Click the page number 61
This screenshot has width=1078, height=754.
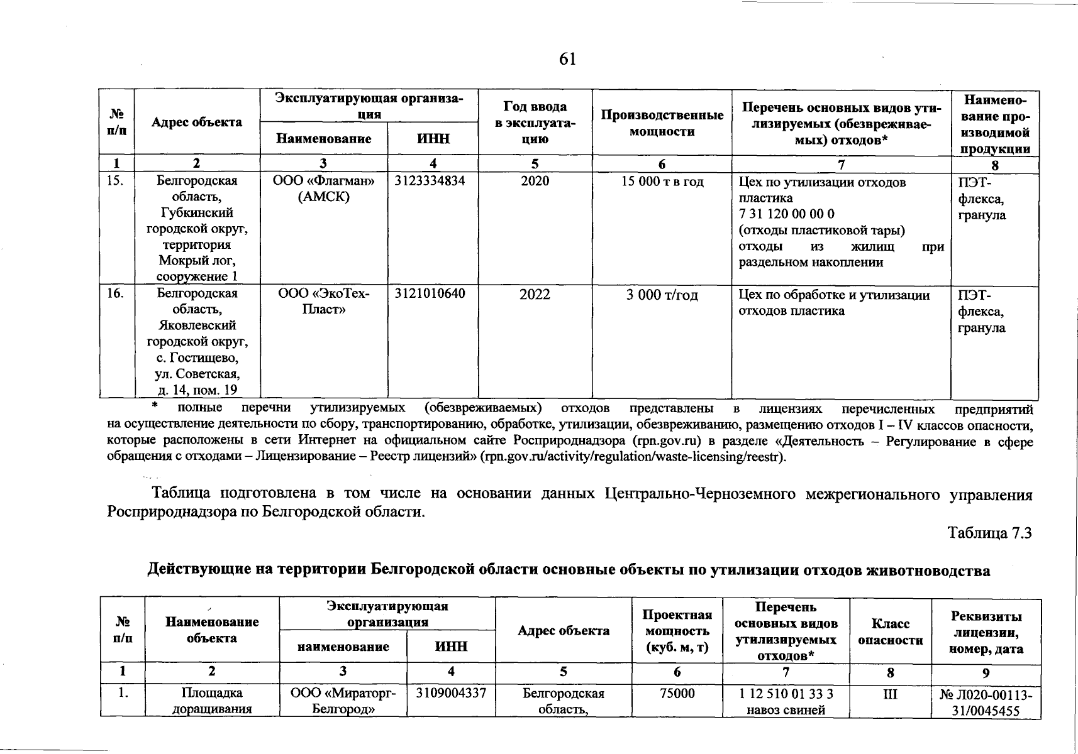click(x=567, y=59)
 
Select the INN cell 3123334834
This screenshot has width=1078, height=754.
click(x=430, y=181)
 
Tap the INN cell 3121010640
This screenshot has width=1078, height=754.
click(x=430, y=293)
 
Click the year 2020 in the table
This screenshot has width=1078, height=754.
click(x=535, y=181)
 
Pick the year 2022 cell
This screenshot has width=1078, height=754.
click(x=535, y=294)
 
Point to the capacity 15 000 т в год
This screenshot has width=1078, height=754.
click(x=662, y=182)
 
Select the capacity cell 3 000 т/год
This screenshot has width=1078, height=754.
click(x=662, y=295)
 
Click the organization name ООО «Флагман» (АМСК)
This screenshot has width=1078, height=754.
click(x=323, y=188)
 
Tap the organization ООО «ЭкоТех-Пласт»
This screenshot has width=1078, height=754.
click(x=323, y=302)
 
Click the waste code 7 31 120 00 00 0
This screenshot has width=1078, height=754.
click(x=786, y=214)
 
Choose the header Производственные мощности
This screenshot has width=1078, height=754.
click(x=662, y=123)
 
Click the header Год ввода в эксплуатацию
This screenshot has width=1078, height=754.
click(x=535, y=123)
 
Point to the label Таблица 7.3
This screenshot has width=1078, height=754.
click(x=990, y=533)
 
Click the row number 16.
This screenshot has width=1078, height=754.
click(x=115, y=293)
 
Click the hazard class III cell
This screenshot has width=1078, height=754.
click(x=890, y=694)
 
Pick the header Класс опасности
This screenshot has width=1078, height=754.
click(x=890, y=631)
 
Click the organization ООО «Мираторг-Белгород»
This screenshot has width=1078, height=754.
click(x=342, y=701)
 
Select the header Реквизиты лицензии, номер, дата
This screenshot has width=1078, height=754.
click(x=986, y=632)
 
